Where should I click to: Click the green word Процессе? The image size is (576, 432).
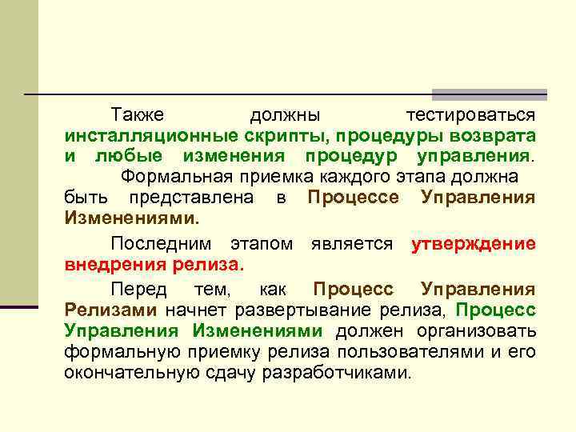coord(353,197)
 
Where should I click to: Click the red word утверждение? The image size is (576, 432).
coord(473,244)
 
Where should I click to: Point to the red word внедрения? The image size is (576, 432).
coord(112,265)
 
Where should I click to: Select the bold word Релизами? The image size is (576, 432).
coord(112,309)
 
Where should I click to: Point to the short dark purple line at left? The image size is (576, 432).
coord(19,306)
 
